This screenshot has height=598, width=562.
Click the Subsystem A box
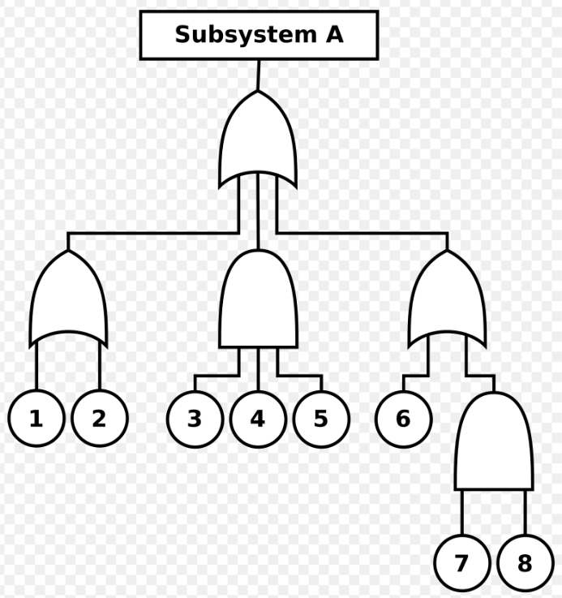[259, 35]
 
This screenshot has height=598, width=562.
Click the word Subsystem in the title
[246, 35]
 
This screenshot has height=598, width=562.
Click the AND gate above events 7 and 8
[494, 441]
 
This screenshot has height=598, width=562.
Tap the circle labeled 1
[36, 419]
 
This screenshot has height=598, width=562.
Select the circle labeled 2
[100, 419]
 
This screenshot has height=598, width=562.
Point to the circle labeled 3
[195, 419]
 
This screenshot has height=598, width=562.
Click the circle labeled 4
[258, 419]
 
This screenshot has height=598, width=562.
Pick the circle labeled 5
[321, 419]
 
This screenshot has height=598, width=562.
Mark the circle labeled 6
[404, 419]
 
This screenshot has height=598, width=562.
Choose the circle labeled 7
[462, 563]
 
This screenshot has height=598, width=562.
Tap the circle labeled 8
[526, 563]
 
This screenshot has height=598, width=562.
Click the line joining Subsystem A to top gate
[259, 75]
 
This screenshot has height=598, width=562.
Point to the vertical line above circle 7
[462, 512]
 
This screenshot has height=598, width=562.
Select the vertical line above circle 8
[526, 512]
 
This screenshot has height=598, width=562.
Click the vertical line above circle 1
[36, 366]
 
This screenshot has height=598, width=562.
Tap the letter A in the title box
[335, 35]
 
